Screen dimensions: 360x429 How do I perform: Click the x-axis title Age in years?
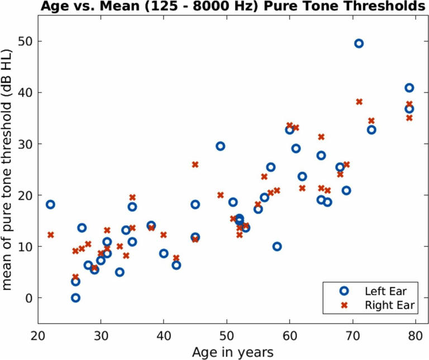pos(232,352)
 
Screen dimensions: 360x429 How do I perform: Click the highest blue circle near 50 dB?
pos(359,44)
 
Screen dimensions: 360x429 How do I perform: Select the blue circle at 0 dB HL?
pos(75,298)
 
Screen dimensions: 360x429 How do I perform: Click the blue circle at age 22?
pos(50,205)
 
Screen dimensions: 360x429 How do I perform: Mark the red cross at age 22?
pos(50,235)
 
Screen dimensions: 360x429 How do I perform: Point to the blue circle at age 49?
pos(220,146)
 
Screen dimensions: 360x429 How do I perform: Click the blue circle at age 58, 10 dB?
pos(277,247)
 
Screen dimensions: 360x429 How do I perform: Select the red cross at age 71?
pos(359,102)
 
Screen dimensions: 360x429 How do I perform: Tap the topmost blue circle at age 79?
pos(409,88)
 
